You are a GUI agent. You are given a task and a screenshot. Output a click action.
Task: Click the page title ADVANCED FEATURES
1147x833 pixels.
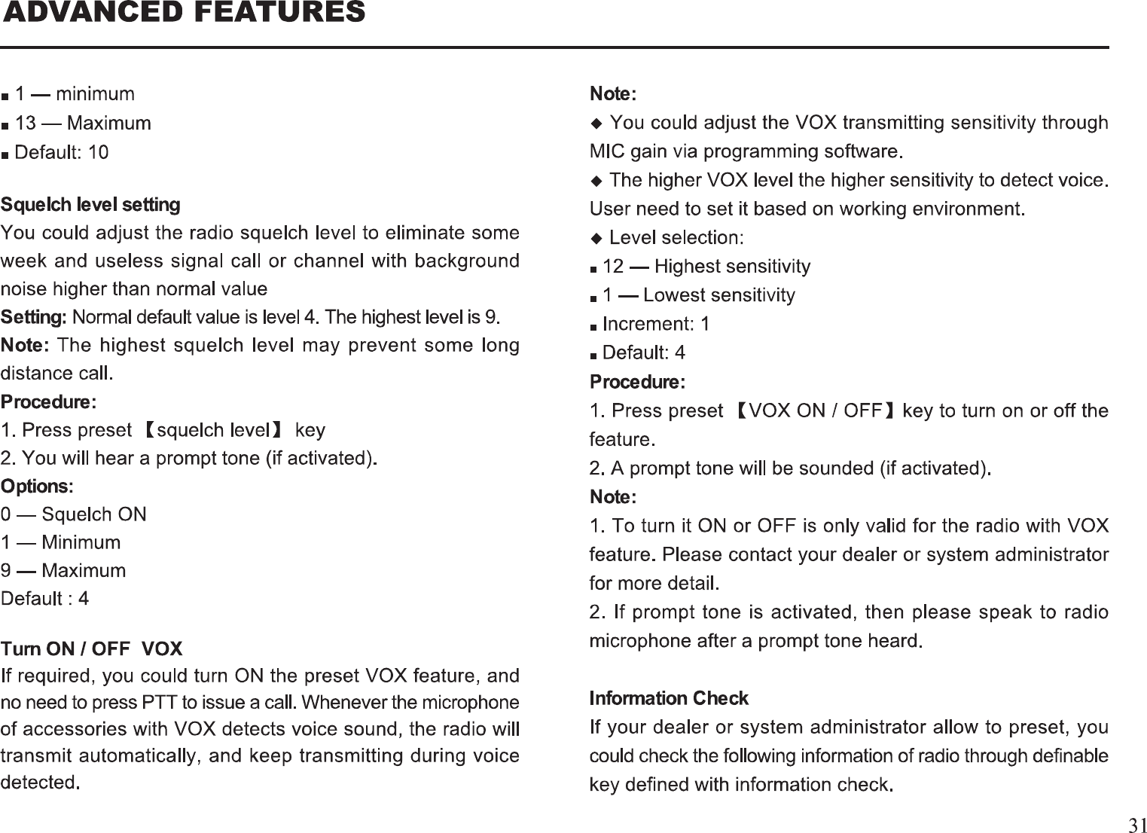click(184, 13)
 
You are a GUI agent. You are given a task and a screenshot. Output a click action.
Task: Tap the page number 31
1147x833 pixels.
click(1137, 824)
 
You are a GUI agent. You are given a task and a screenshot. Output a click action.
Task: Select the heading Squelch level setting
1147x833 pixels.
click(90, 205)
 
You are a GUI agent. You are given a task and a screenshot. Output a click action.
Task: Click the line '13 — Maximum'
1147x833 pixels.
click(83, 123)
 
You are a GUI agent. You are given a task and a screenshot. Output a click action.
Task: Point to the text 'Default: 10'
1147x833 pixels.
click(62, 152)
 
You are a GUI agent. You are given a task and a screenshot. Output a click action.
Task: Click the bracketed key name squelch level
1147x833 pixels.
click(213, 430)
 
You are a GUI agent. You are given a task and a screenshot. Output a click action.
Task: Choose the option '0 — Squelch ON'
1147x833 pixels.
click(74, 514)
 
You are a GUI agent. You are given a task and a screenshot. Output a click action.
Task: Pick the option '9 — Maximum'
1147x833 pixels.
click(63, 570)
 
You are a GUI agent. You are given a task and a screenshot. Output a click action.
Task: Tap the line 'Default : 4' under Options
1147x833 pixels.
click(45, 599)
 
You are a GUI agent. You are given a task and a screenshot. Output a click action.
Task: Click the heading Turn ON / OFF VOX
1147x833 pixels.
click(92, 649)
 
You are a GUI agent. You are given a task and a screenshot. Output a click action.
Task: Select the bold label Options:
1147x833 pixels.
click(37, 487)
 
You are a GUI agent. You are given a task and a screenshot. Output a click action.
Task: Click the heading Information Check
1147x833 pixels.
click(669, 698)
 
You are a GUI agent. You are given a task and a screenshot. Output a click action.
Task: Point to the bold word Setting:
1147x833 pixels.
click(34, 317)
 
